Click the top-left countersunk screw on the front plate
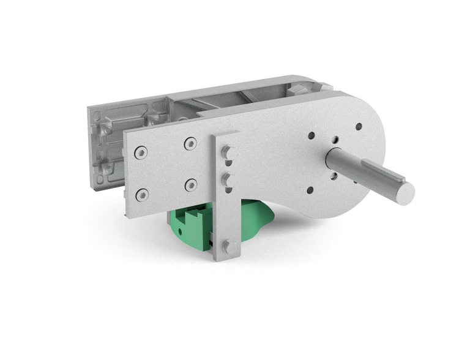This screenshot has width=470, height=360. point(141,152)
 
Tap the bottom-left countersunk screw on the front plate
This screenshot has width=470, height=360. point(142,195)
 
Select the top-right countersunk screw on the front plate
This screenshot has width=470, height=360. point(191,143)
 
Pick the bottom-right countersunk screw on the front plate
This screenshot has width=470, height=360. point(191,184)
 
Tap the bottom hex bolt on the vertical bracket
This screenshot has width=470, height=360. point(230,246)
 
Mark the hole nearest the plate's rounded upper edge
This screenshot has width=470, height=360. point(358,127)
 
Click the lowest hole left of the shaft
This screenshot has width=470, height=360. point(309,190)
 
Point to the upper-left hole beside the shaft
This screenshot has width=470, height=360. point(311,136)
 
